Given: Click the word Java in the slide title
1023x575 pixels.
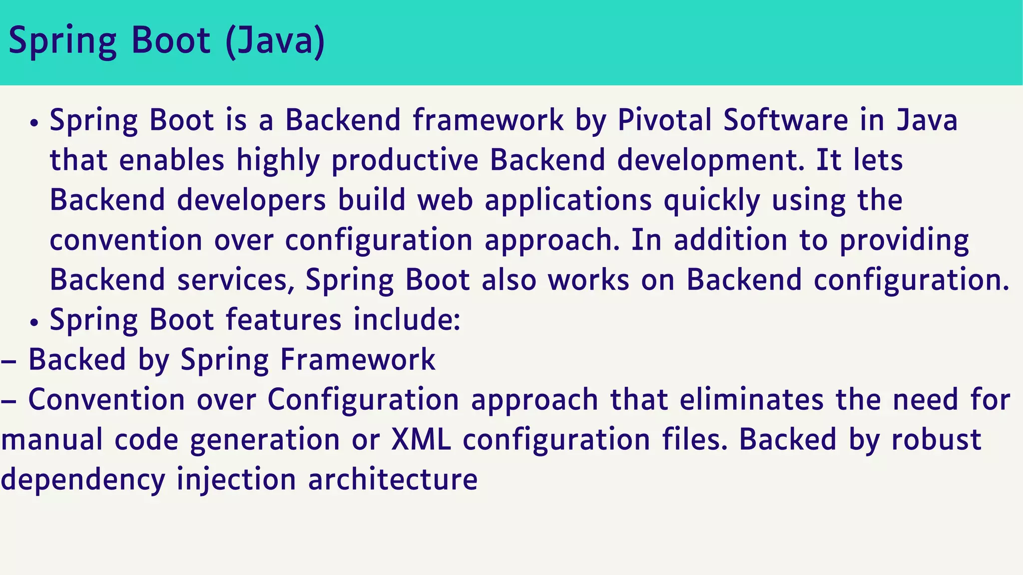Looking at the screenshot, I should [276, 41].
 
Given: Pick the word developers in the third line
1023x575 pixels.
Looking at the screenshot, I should [251, 201].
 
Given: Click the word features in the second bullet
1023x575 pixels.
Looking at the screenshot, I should [283, 319].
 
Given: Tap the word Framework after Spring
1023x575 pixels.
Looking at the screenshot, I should [358, 360].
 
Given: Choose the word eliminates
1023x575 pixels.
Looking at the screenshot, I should [752, 400].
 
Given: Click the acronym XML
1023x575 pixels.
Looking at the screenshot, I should [421, 440].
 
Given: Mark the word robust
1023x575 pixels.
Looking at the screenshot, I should [936, 440].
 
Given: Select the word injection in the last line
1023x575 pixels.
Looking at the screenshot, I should [236, 480].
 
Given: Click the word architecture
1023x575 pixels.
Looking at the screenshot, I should [393, 480].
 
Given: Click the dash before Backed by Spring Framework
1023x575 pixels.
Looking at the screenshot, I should [9, 361].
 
